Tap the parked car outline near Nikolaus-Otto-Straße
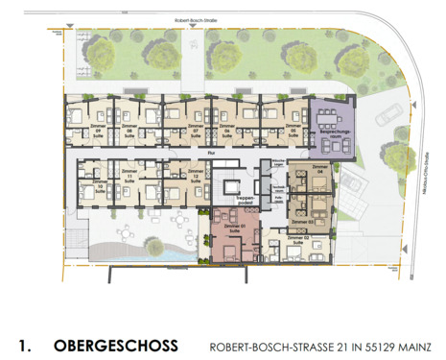(x=387, y=116)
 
